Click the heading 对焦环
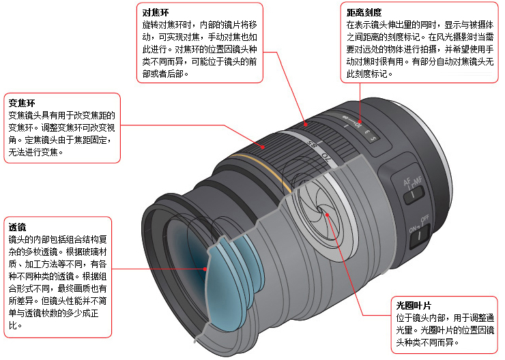pos(155,12)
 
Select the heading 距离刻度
pos(364,12)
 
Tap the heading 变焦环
pos(22,103)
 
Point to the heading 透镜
pos(17,227)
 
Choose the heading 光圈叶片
pos(414,305)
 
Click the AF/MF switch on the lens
pos(414,194)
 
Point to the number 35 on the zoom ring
pos(312,144)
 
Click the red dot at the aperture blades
pos(327,215)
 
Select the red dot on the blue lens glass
pos(205,269)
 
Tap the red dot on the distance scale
pos(360,122)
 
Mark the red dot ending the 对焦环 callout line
pos(305,124)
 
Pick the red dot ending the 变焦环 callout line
pos(263,147)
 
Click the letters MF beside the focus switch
pos(418,181)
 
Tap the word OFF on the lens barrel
pos(424,219)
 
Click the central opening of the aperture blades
pos(320,210)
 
